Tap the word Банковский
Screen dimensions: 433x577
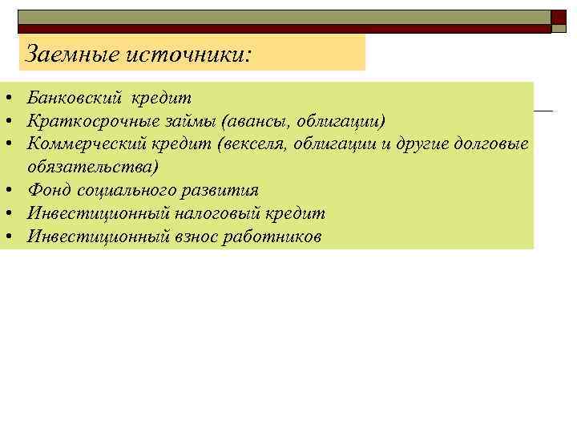[74, 98]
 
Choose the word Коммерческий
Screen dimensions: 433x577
[83, 144]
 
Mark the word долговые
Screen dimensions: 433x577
[492, 144]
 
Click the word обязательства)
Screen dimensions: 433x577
[93, 167]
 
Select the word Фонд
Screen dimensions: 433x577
[46, 190]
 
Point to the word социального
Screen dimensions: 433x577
[122, 190]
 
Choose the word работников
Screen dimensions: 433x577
[273, 236]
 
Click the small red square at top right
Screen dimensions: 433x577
[559, 18]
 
